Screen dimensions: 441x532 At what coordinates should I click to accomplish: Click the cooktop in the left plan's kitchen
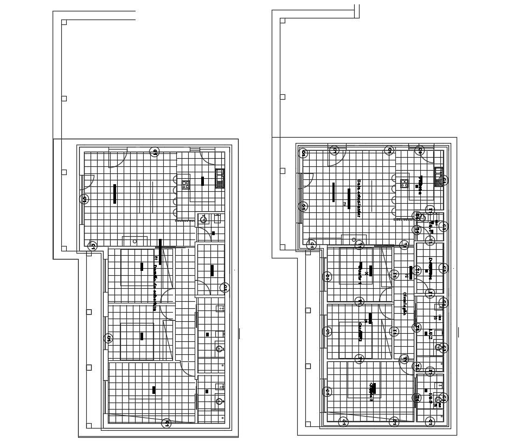185,184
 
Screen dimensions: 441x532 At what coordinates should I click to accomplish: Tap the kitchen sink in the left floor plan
220,177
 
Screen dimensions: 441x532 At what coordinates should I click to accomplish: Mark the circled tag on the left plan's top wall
155,152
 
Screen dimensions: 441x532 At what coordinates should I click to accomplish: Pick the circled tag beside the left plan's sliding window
85,199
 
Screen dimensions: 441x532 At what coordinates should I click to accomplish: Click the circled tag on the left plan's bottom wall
168,423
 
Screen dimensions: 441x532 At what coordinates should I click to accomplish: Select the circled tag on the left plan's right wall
224,288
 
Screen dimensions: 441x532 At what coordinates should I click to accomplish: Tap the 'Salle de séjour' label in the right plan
358,199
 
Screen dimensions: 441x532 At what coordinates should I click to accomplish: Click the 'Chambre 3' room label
372,392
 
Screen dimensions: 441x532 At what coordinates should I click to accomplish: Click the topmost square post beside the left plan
64,23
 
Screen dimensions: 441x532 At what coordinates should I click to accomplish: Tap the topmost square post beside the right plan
283,21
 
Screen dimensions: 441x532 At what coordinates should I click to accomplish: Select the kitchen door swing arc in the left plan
209,157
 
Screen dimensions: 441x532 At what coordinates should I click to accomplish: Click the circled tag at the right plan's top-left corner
304,153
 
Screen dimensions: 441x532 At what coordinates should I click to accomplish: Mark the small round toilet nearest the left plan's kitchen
203,219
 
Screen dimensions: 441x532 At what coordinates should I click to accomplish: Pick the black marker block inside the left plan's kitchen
203,181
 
